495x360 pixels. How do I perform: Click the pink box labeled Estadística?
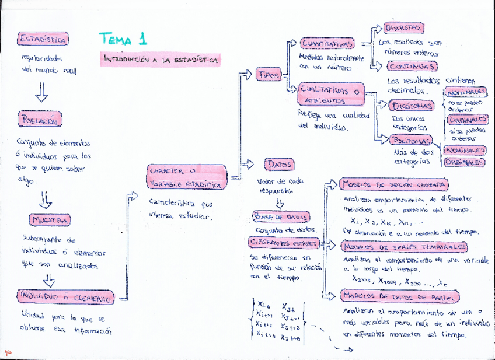tap(43, 40)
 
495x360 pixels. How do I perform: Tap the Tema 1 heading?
tap(123, 40)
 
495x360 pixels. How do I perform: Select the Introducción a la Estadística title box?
tap(161, 60)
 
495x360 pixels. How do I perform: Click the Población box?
tap(40, 120)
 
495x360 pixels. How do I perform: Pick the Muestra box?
tap(50, 220)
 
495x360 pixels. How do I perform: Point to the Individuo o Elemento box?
tap(66, 298)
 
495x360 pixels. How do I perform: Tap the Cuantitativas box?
tap(327, 44)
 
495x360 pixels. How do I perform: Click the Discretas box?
tap(403, 27)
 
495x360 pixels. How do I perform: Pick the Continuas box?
tap(411, 66)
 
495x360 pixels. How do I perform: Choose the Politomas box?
tap(412, 141)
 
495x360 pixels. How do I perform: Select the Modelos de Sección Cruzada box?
tap(394, 184)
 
